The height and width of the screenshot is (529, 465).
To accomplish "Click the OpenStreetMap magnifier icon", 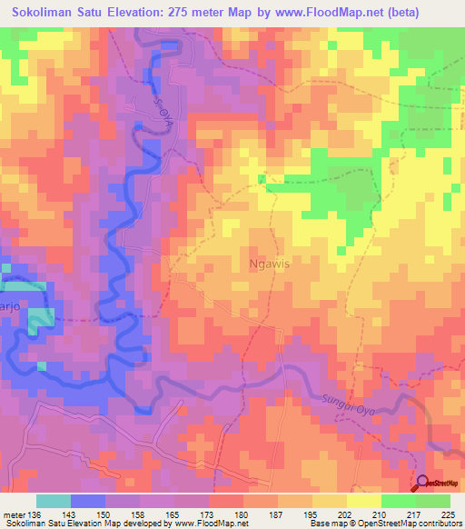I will pos(422,484).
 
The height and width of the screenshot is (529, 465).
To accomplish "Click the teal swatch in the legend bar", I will pos(54,501).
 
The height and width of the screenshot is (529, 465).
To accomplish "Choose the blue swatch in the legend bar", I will pos(88,501).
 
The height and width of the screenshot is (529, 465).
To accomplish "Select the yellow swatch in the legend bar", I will pos(364,501).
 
